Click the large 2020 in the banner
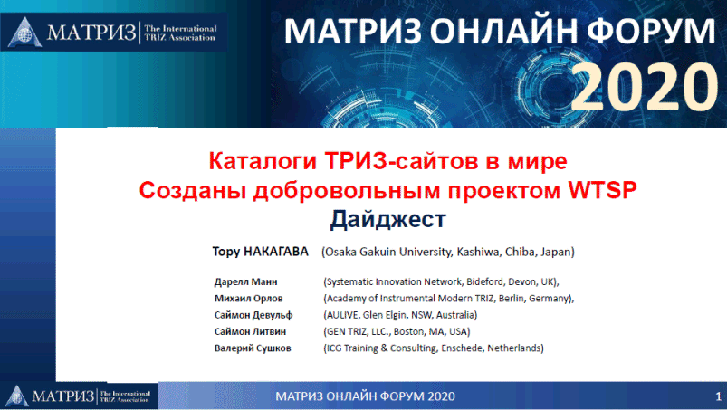point(645,88)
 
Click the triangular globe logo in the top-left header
point(25,32)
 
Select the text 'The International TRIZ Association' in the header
point(180,33)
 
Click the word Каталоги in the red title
point(263,161)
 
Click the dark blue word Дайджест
point(387,219)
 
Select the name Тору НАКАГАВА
point(260,252)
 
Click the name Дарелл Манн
point(245,281)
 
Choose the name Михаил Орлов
point(248,299)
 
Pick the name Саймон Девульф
point(253,315)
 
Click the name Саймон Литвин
point(250,331)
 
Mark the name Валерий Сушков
point(253,348)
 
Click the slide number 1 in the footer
point(718,396)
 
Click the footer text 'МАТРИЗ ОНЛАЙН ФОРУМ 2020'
point(366,396)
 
